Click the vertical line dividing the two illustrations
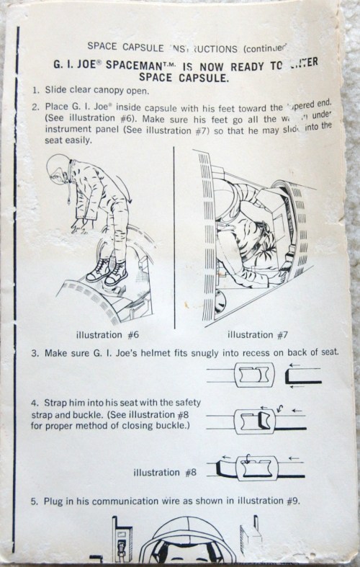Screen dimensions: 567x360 pyautogui.click(x=174, y=238)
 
